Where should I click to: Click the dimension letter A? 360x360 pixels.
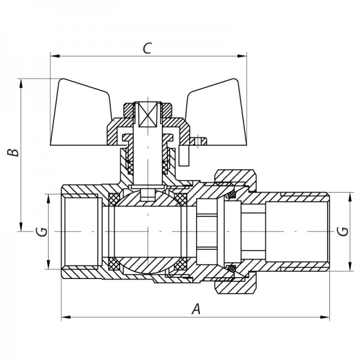coord(195,308)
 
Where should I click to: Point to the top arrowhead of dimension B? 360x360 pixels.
coord(23,83)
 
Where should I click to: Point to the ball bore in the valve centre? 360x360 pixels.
coord(147,231)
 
